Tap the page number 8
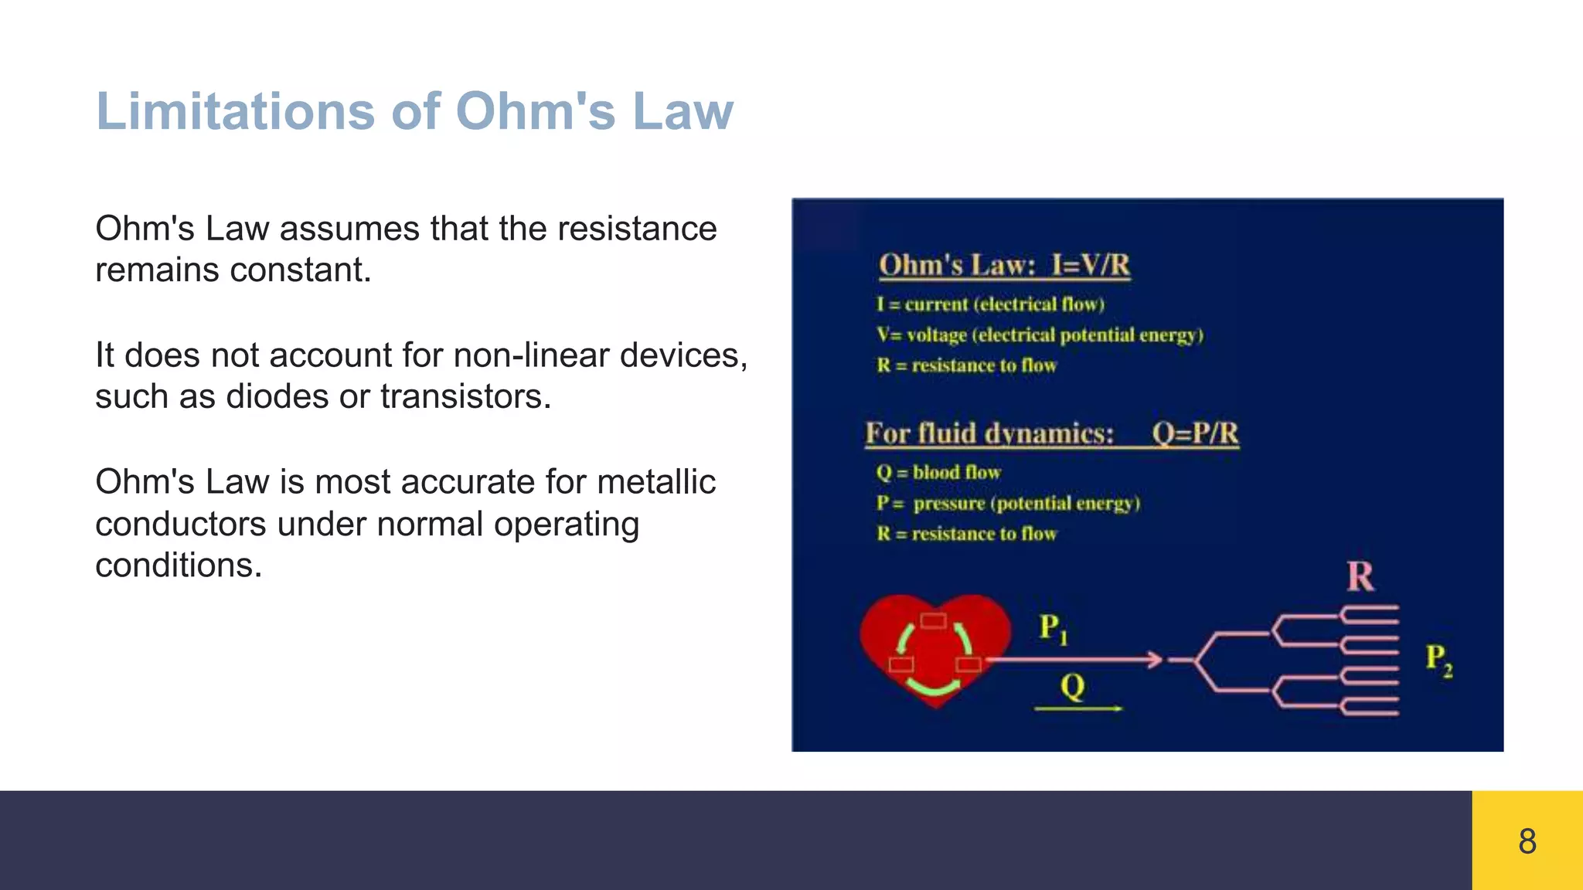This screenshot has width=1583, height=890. tap(1527, 841)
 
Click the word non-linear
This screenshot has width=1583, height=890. tap(535, 355)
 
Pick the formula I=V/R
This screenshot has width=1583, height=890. tap(1090, 265)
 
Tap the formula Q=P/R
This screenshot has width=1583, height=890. tap(1195, 433)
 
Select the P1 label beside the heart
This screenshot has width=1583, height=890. tap(1053, 628)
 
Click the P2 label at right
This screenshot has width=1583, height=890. tap(1438, 660)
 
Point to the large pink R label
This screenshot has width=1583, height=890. tap(1360, 576)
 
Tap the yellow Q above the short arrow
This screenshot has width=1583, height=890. tap(1073, 686)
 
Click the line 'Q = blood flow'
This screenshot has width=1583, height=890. tap(938, 472)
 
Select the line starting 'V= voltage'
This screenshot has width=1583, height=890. tap(1040, 335)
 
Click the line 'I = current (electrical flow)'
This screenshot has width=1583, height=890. tap(990, 304)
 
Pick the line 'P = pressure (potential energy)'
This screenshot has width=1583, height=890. tap(1008, 504)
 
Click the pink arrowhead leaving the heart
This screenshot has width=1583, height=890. tap(1155, 659)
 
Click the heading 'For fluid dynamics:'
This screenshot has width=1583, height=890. tap(989, 433)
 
